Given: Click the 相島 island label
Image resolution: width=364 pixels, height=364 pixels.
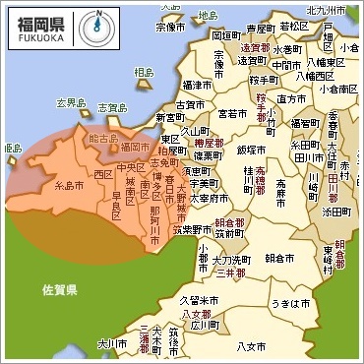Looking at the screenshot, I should pos(144,72).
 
